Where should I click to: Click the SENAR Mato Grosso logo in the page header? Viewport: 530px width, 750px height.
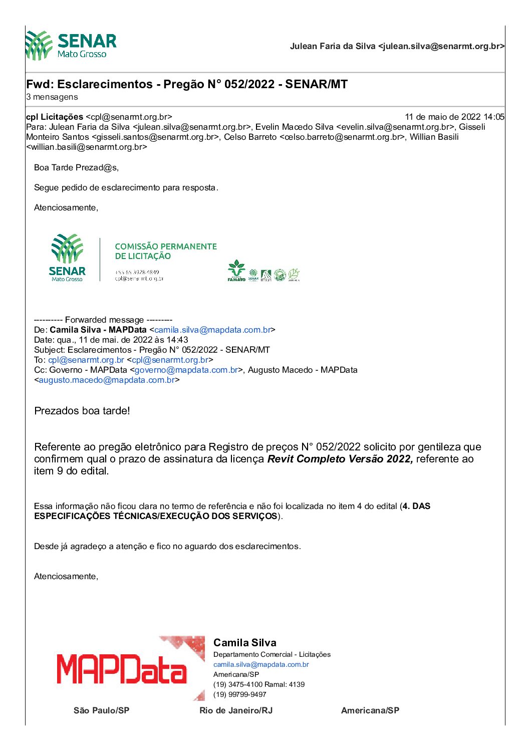tap(71, 46)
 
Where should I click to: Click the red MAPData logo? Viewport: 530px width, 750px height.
tap(122, 669)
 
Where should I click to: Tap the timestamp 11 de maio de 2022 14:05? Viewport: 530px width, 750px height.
tap(454, 117)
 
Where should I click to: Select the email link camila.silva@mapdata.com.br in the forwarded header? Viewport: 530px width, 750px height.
tap(212, 330)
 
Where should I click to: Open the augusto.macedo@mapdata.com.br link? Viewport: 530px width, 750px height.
tap(107, 380)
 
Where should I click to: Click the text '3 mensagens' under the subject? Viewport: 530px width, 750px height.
tap(52, 97)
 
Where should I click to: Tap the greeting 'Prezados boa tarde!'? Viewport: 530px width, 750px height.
tap(82, 411)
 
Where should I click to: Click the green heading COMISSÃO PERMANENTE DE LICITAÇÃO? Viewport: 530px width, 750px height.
tap(166, 251)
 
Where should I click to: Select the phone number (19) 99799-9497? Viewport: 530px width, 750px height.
tap(240, 694)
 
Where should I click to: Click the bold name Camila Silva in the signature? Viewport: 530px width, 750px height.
tap(245, 643)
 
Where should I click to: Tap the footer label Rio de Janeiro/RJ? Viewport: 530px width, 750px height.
tap(236, 710)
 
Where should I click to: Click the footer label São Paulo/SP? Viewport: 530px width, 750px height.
tap(101, 710)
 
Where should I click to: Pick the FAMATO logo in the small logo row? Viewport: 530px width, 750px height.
tap(236, 271)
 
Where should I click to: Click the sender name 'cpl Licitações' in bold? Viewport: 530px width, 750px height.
tap(55, 117)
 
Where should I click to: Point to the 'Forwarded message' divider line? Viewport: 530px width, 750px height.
tap(103, 320)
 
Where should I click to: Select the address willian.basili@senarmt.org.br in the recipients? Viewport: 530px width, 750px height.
tap(87, 147)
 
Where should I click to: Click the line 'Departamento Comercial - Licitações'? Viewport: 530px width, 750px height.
tap(272, 654)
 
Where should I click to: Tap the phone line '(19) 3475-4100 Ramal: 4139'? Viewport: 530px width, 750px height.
tap(259, 684)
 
